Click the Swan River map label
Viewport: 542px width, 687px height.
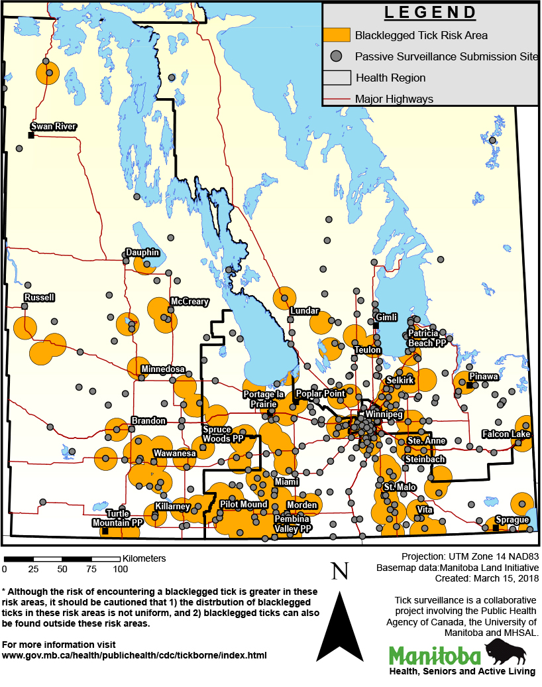coord(54,126)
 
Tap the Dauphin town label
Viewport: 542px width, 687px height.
coord(142,252)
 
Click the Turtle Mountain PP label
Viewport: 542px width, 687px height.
coord(118,518)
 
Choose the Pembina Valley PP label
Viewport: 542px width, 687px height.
coord(293,524)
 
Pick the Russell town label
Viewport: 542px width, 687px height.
coord(38,297)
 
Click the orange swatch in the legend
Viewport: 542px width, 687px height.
coord(336,35)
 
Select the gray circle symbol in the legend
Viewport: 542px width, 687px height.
coord(337,56)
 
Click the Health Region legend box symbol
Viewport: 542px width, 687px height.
coord(336,78)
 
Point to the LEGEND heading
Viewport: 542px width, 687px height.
coord(430,13)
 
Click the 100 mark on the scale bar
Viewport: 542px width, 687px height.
coord(120,569)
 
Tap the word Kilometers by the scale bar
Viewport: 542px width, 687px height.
coord(144,558)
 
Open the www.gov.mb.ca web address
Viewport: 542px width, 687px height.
coord(135,655)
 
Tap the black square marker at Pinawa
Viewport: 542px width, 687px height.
coord(469,385)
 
